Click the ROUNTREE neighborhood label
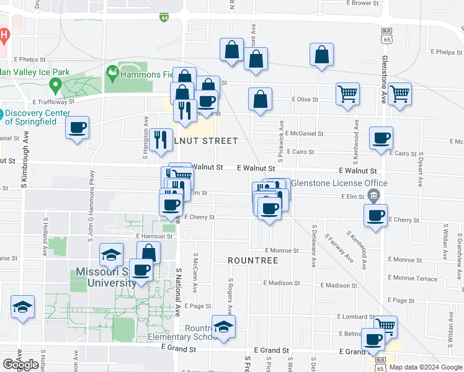(252, 260)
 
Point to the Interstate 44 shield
(164, 16)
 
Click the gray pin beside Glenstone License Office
(373, 197)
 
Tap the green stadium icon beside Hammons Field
(112, 73)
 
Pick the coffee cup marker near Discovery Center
(77, 128)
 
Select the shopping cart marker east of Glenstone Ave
(400, 94)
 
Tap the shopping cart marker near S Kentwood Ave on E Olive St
(347, 94)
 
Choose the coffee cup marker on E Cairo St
(381, 138)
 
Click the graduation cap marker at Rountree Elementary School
(223, 327)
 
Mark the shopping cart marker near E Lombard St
(385, 326)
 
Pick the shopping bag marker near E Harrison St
(148, 252)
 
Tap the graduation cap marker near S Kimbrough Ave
(23, 307)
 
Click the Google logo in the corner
(20, 365)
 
